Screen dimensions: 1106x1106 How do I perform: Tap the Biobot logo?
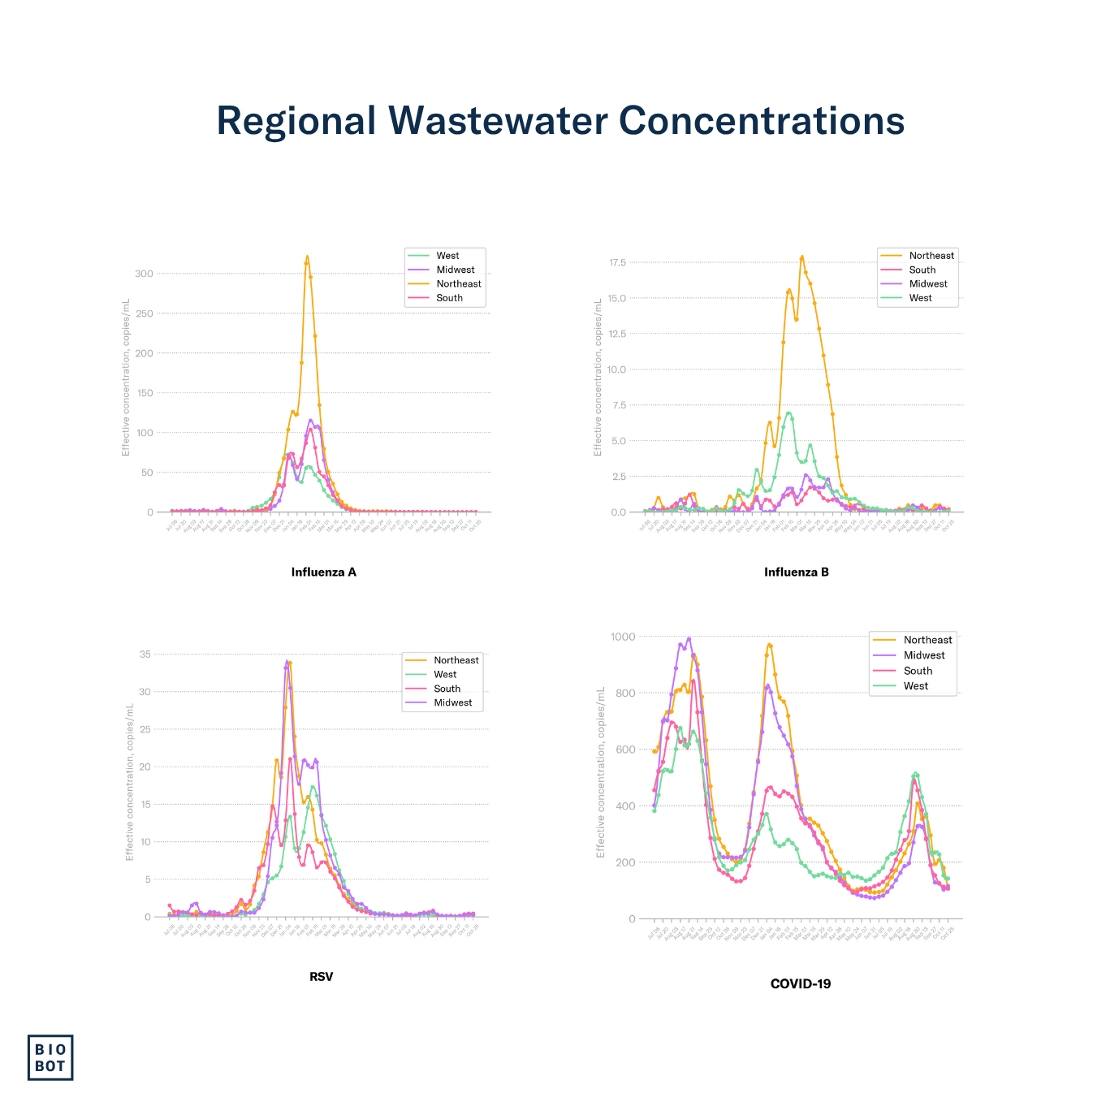[x=50, y=1057]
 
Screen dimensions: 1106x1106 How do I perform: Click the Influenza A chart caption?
[x=323, y=572]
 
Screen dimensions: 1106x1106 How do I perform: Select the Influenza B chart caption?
[x=796, y=572]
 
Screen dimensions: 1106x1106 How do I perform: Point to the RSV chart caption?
[x=321, y=976]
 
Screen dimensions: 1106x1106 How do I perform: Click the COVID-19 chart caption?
[x=800, y=983]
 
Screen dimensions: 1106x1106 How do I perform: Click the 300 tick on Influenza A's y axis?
[x=144, y=274]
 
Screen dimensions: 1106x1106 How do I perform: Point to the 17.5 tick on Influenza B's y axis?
[x=617, y=262]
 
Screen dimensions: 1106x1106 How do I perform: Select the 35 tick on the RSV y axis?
[x=145, y=654]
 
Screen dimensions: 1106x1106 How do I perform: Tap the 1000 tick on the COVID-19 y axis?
[x=624, y=637]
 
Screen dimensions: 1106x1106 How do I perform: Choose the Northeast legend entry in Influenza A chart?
[x=458, y=283]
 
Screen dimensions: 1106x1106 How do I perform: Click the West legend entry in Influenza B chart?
[x=920, y=298]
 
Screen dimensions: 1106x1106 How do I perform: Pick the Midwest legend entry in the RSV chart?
[x=452, y=702]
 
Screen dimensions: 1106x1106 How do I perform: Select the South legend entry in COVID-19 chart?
[x=918, y=671]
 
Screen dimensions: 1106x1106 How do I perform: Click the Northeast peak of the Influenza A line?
[x=307, y=257]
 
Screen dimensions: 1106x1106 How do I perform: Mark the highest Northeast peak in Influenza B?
[x=802, y=257]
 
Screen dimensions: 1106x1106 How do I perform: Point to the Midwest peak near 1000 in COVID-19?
[x=689, y=639]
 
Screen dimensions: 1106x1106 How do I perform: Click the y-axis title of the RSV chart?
[x=129, y=781]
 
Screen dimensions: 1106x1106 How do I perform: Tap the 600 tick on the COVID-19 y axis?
[x=626, y=750]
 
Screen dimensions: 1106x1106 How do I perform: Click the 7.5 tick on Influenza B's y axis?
[x=619, y=405]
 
